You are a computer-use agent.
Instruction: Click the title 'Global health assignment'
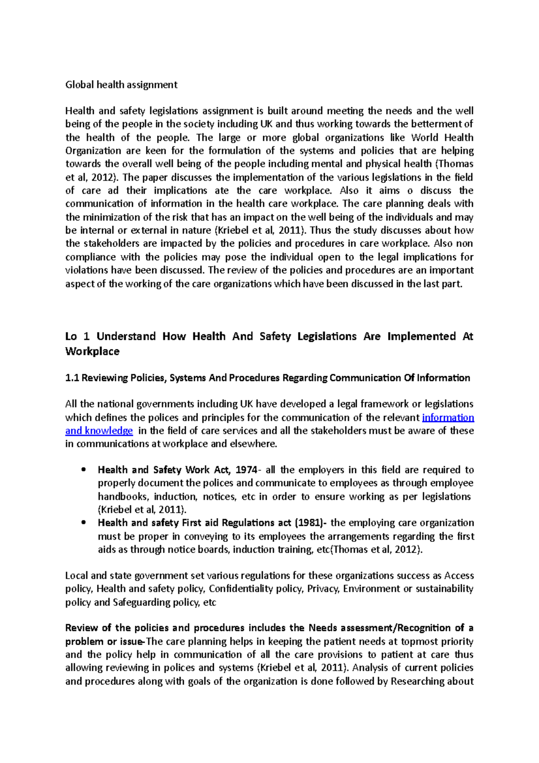pyautogui.click(x=121, y=85)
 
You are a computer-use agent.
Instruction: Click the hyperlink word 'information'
pyautogui.click(x=448, y=417)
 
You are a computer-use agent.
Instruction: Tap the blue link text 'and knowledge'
pyautogui.click(x=99, y=430)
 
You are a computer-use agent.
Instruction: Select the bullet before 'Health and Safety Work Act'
pyautogui.click(x=83, y=470)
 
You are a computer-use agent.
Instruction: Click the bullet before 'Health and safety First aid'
pyautogui.click(x=83, y=523)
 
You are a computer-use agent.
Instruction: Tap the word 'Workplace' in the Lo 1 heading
pyautogui.click(x=92, y=351)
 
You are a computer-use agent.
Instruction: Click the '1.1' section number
pyautogui.click(x=72, y=378)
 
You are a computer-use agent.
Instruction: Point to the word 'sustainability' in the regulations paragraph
pyautogui.click(x=444, y=589)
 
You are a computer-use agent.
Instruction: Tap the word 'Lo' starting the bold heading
pyautogui.click(x=71, y=337)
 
